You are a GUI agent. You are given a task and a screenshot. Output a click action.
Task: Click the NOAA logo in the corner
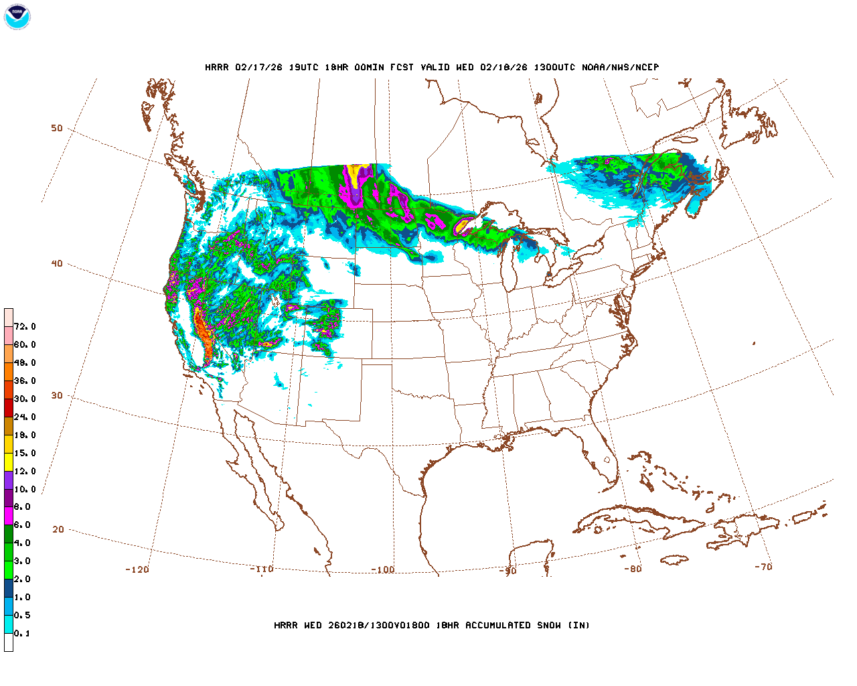(x=17, y=17)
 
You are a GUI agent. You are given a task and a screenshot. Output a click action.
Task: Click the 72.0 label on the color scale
(x=25, y=327)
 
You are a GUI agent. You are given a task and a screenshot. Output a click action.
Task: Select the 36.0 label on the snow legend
(x=25, y=381)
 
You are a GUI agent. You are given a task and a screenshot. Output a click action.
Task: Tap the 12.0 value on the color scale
(x=25, y=472)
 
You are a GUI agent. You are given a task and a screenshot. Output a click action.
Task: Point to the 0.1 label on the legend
(x=22, y=634)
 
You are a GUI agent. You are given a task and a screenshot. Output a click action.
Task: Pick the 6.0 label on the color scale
(x=22, y=525)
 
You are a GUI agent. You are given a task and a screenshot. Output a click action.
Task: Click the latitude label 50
(x=57, y=129)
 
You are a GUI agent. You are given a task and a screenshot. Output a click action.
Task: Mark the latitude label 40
(x=57, y=264)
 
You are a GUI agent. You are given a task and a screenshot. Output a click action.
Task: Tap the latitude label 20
(x=58, y=530)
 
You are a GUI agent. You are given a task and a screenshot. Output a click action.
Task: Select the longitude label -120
(x=137, y=570)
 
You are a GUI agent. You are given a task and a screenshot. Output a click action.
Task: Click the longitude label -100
(x=383, y=570)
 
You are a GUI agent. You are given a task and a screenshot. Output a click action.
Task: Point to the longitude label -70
(x=763, y=567)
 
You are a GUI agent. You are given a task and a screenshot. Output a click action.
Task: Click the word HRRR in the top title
(x=217, y=68)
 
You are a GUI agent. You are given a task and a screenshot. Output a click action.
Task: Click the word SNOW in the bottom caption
(x=548, y=626)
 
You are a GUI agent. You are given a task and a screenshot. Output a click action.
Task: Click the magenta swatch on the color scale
(x=9, y=516)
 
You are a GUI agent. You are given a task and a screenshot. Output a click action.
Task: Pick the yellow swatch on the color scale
(x=9, y=462)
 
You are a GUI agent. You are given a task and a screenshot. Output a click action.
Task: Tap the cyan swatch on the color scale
(x=9, y=624)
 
